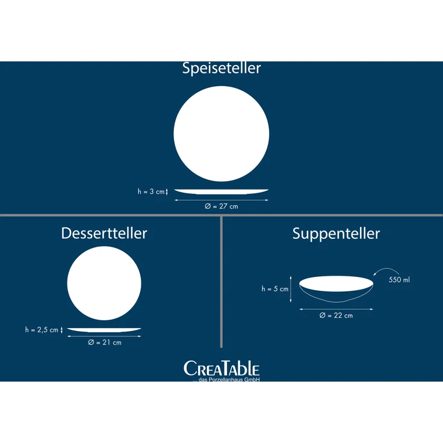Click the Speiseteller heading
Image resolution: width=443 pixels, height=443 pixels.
221,68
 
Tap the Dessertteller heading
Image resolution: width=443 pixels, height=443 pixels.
104,233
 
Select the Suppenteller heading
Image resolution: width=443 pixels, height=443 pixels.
336,234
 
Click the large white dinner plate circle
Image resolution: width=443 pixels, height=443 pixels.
221,134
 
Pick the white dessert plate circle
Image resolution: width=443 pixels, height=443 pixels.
104,283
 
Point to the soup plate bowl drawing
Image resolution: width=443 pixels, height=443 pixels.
336,289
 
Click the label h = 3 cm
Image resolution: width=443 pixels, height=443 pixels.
151,191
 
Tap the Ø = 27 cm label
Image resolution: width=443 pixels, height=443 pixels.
221,206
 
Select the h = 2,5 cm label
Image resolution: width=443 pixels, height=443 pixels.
42,330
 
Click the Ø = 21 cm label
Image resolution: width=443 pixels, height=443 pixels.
105,342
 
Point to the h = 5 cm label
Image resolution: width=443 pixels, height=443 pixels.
275,289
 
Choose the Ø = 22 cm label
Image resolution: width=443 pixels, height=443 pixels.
336,315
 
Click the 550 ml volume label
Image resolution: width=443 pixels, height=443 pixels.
399,280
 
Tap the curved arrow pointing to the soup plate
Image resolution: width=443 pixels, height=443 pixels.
386,268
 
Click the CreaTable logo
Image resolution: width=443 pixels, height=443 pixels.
221,368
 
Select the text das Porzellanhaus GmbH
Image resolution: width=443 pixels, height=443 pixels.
229,379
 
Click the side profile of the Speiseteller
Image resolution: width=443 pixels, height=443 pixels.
221,191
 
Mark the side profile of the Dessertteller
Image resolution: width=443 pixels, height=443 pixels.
104,330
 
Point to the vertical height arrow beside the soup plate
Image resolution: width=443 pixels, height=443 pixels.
291,290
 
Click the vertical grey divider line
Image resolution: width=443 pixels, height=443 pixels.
221,282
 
